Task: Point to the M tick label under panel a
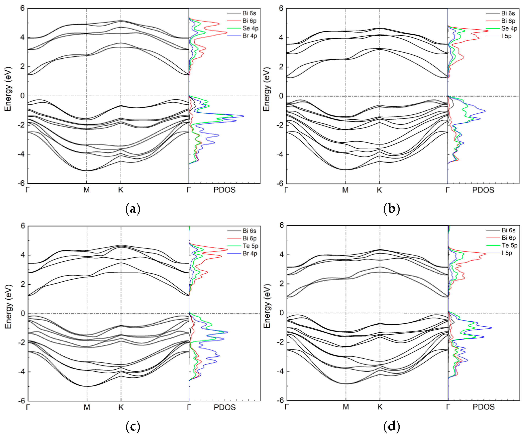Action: [87, 190]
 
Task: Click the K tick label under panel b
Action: [379, 190]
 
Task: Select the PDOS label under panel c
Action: [224, 407]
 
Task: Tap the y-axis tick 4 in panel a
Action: [22, 37]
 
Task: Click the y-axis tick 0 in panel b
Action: [281, 96]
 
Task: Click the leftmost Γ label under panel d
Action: [287, 407]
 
